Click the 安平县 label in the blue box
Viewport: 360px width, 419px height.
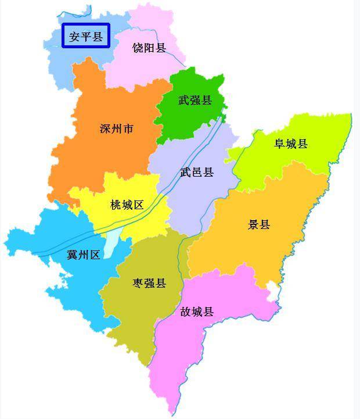coord(85,37)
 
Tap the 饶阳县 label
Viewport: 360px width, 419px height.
coord(149,48)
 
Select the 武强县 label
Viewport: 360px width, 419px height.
coord(195,100)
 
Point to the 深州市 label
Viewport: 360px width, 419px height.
coord(117,128)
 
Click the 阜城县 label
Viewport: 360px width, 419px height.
coord(291,144)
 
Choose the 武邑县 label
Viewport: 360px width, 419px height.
coord(197,172)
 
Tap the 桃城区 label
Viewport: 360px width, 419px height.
coord(127,205)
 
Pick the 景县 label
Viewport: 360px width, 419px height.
coord(259,224)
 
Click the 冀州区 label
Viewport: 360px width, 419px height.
coord(84,255)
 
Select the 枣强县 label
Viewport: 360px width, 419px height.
coord(149,283)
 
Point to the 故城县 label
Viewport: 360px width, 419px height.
coord(197,311)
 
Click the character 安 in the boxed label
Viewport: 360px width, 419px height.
coord(74,37)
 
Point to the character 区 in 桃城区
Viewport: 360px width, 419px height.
coord(138,205)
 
